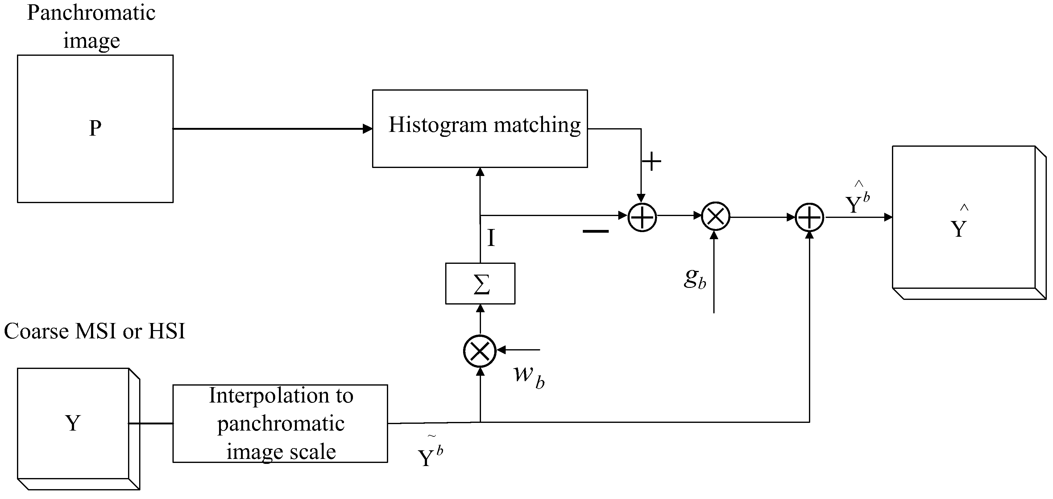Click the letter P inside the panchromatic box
[95, 129]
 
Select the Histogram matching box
[479, 129]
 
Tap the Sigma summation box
[480, 284]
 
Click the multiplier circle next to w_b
[479, 351]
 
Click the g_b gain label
[695, 279]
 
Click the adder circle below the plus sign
[642, 217]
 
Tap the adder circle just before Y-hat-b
[809, 217]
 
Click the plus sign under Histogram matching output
[651, 162]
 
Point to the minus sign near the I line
[595, 231]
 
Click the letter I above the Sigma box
[491, 238]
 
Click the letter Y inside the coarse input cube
[73, 423]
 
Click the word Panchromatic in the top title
[91, 13]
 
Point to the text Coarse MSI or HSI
[94, 331]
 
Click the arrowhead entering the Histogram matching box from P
[367, 129]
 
